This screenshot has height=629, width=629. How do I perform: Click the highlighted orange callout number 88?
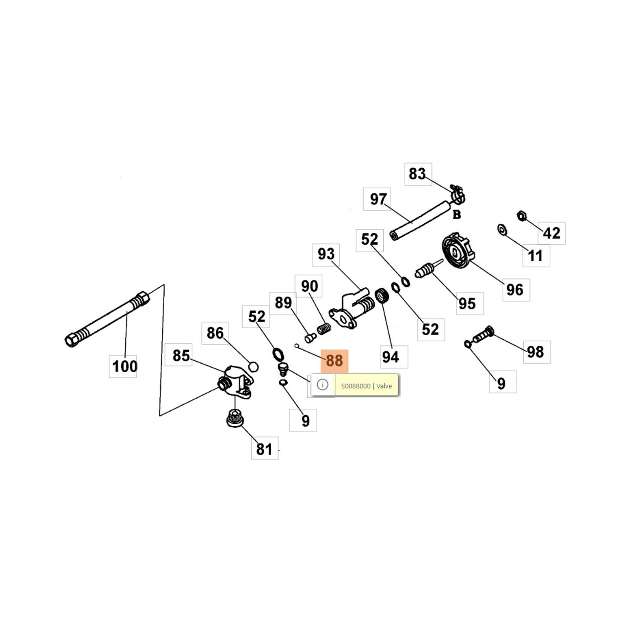coord(335,360)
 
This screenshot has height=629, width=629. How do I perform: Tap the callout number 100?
coord(125,366)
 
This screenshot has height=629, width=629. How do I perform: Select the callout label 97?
coord(378,199)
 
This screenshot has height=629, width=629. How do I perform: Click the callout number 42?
coord(552,233)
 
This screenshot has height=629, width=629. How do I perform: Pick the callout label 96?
coord(515,290)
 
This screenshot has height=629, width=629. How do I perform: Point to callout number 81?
coord(264,449)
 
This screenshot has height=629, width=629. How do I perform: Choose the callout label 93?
coord(326,254)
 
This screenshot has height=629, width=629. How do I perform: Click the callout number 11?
coord(535,256)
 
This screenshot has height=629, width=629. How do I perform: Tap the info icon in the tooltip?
coord(322,384)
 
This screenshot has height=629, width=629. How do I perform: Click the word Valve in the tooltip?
coord(384,386)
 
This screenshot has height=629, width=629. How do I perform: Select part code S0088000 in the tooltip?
coord(356,386)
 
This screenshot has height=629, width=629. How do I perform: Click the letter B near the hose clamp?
coord(456,215)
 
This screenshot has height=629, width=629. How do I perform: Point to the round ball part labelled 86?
coord(253,367)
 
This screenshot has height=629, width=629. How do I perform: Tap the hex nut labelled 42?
coord(521,215)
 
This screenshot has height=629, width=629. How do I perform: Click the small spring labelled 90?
coord(324,329)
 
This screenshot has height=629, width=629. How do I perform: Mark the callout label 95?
coord(467,303)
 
